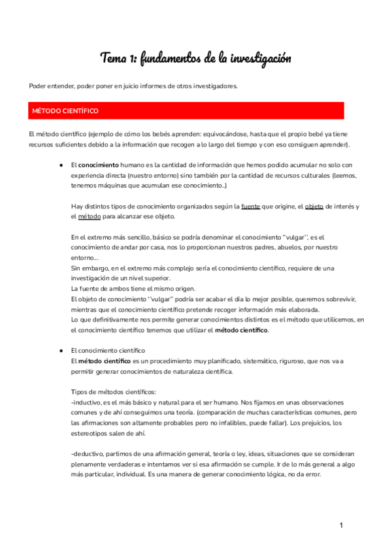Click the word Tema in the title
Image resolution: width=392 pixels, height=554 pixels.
tap(114, 59)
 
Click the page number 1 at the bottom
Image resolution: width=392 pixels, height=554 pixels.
tap(341, 525)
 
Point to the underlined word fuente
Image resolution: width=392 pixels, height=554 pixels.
tap(250, 206)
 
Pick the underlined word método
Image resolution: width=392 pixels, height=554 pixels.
tap(90, 216)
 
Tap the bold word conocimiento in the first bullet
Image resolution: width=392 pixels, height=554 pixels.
tap(99, 166)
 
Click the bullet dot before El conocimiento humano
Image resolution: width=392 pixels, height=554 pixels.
tap(60, 166)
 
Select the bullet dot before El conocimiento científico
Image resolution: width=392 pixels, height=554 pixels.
tap(60, 350)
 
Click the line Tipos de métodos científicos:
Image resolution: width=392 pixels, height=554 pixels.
tap(113, 391)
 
